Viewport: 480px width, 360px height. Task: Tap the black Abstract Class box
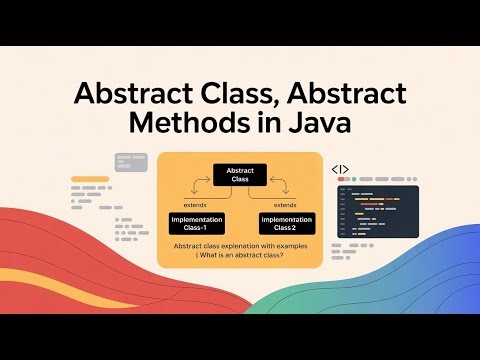[x=240, y=174]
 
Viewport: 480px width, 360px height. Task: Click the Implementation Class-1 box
[x=196, y=221]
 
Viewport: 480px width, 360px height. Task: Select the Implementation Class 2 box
[x=286, y=221]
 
